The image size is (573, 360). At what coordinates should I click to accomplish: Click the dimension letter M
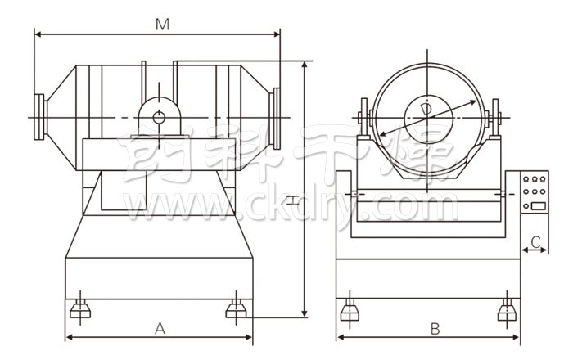162,25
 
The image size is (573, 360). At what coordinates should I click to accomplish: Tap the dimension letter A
160,329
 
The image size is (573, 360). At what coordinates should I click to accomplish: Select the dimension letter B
435,329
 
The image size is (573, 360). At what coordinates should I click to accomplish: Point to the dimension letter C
535,242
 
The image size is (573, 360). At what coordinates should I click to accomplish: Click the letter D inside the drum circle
426,110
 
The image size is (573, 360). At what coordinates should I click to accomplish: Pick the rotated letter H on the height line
292,200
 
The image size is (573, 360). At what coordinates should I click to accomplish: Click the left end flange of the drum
40,117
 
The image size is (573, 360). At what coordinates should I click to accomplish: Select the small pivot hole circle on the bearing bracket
159,117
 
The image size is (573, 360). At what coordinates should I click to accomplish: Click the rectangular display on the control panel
539,206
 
